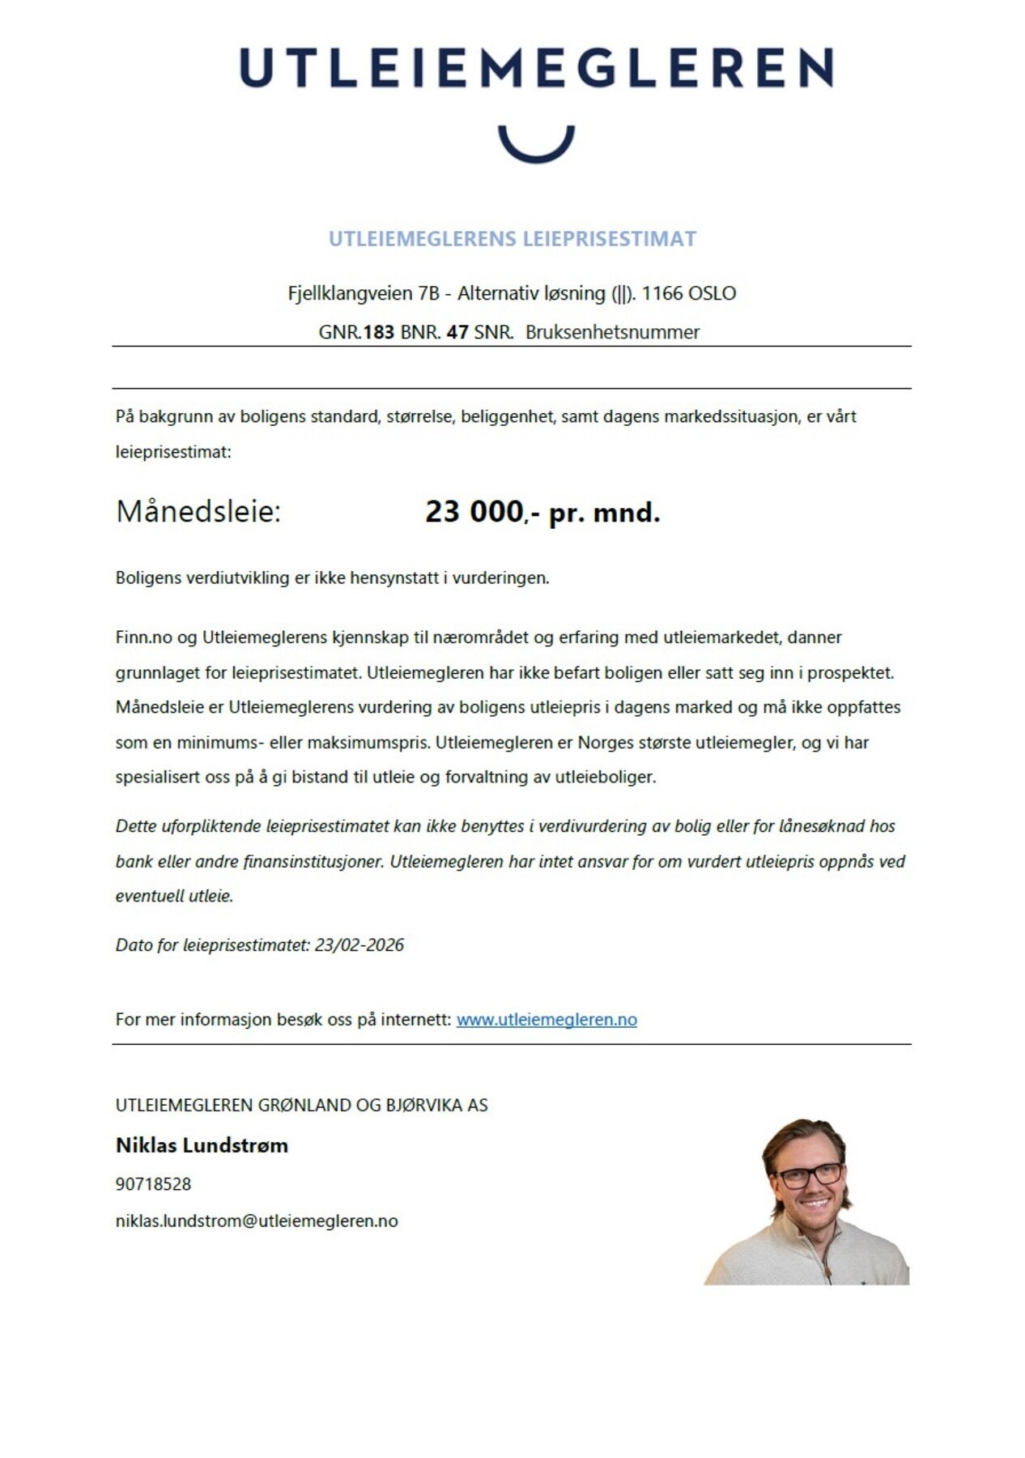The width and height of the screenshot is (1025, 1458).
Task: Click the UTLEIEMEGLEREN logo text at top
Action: pos(536,67)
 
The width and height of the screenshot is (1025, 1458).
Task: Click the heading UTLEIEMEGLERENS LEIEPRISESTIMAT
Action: pos(512,239)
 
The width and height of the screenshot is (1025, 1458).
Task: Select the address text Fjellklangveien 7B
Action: pos(363,293)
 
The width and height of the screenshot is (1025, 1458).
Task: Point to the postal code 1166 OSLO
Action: pos(688,293)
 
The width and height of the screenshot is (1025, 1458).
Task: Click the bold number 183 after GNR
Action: pos(378,332)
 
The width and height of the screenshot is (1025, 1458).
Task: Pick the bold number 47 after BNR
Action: pos(457,332)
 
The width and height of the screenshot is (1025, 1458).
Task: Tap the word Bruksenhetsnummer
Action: pos(612,332)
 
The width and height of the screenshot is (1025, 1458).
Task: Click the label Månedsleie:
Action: pos(198,512)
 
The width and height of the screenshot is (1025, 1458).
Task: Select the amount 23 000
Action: pos(474,512)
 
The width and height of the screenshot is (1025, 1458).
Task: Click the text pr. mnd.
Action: pos(604,513)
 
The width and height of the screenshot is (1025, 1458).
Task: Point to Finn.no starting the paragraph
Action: pos(143,637)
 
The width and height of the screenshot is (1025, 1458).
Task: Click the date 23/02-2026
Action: pos(359,945)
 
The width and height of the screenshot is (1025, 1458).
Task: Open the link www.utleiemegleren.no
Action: pos(547,1020)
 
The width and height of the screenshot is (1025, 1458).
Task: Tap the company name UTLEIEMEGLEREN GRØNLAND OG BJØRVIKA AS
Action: pos(301,1105)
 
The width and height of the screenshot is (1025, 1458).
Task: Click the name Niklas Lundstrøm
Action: pos(202,1145)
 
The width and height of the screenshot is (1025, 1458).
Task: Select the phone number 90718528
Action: pos(153,1184)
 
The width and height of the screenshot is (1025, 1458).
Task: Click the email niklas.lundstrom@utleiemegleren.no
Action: pos(257,1221)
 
